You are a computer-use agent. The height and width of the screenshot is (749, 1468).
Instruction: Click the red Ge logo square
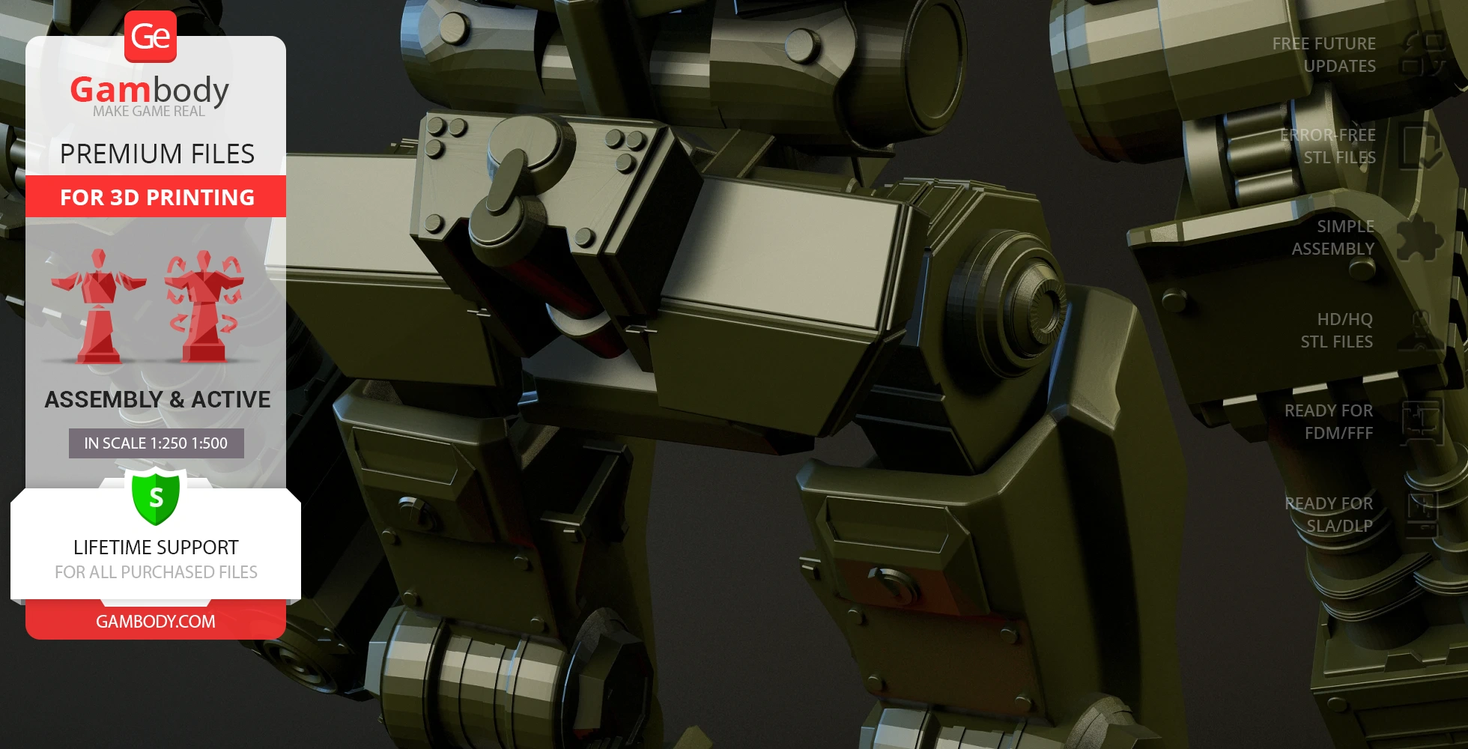point(151,36)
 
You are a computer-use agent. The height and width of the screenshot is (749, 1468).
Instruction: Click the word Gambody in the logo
point(150,90)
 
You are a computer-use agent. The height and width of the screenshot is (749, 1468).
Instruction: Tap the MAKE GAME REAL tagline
point(149,112)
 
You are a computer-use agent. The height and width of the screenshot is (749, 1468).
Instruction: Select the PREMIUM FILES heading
point(157,154)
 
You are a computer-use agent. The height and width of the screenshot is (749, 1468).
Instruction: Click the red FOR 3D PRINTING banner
point(156,197)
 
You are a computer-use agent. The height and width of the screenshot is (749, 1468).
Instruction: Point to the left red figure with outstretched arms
point(98,306)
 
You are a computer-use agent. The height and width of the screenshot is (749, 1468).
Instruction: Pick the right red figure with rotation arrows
point(204,306)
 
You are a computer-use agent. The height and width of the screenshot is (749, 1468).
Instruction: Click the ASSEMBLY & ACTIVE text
point(157,400)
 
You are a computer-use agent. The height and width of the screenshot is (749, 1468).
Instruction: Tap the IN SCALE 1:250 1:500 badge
point(156,443)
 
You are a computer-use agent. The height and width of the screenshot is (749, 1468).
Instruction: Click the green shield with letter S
point(156,497)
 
